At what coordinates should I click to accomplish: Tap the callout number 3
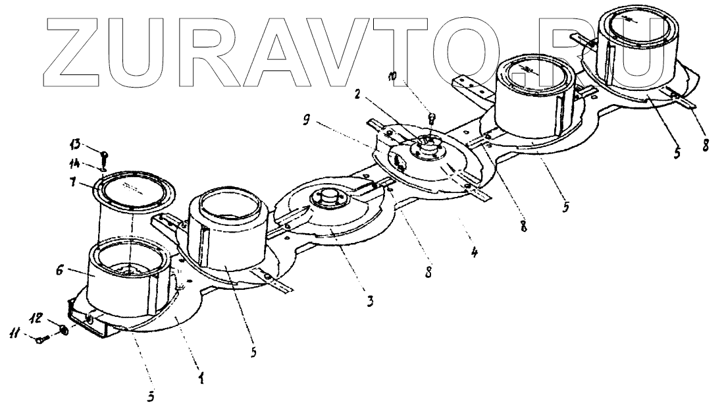pyautogui.click(x=370, y=301)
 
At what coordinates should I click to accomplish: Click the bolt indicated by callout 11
pyautogui.click(x=41, y=339)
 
